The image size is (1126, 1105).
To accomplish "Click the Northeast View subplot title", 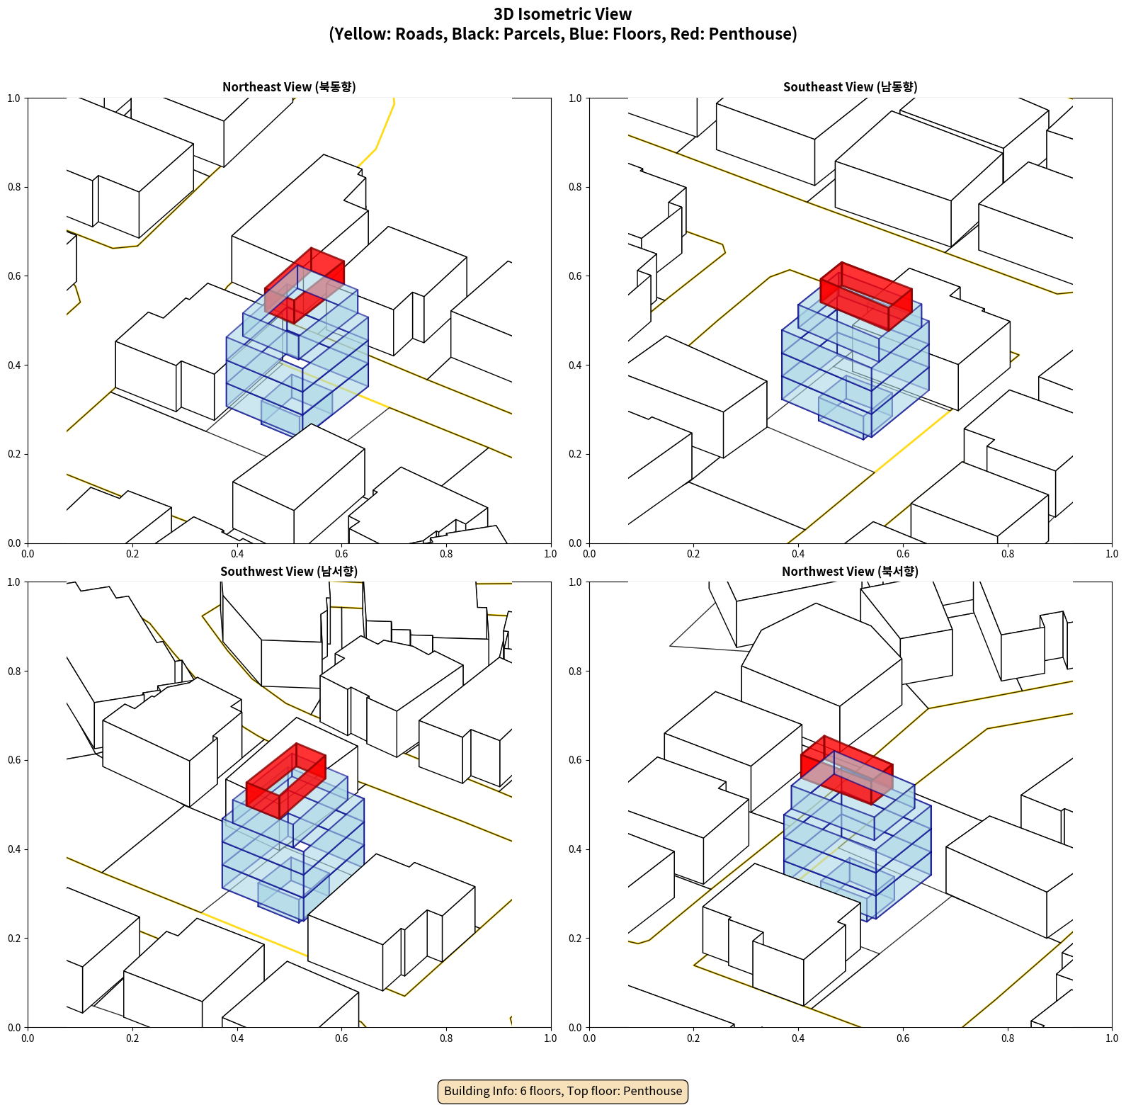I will (289, 86).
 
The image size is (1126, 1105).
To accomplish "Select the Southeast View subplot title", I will (850, 86).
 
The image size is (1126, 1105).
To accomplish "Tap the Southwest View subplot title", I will (289, 571).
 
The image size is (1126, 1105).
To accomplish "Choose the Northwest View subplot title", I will (850, 571).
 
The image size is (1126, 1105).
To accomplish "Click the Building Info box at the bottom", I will (563, 1091).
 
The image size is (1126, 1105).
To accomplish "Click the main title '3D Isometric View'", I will (563, 14).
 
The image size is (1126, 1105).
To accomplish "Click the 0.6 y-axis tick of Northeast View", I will (14, 276).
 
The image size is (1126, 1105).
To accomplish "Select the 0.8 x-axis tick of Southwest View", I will (446, 1038).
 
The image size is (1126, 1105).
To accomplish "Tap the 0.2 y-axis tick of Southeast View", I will (575, 454).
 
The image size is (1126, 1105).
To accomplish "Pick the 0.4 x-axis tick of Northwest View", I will (798, 1038).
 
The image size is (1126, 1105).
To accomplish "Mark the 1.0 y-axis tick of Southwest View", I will (14, 582).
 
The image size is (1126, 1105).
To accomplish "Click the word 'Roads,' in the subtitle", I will (421, 34).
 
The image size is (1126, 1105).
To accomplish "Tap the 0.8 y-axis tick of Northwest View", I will (575, 671).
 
